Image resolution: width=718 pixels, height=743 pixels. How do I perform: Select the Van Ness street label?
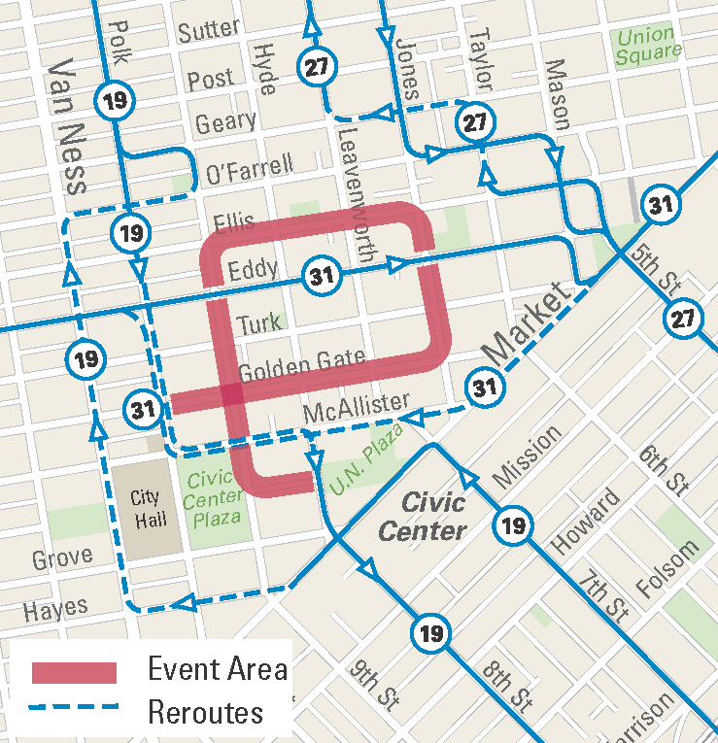[67, 123]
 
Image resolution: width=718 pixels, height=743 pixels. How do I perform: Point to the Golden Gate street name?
[301, 365]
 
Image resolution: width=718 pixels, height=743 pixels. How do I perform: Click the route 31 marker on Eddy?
[321, 276]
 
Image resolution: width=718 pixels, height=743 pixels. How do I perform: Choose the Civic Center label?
[424, 517]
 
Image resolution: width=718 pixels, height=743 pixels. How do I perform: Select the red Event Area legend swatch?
[75, 672]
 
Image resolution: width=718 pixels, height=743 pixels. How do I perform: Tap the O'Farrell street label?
[249, 169]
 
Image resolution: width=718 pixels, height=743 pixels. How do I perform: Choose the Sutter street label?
[208, 31]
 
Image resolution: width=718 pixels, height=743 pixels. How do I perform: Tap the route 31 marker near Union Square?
[661, 205]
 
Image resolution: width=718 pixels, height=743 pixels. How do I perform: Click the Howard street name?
[587, 522]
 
